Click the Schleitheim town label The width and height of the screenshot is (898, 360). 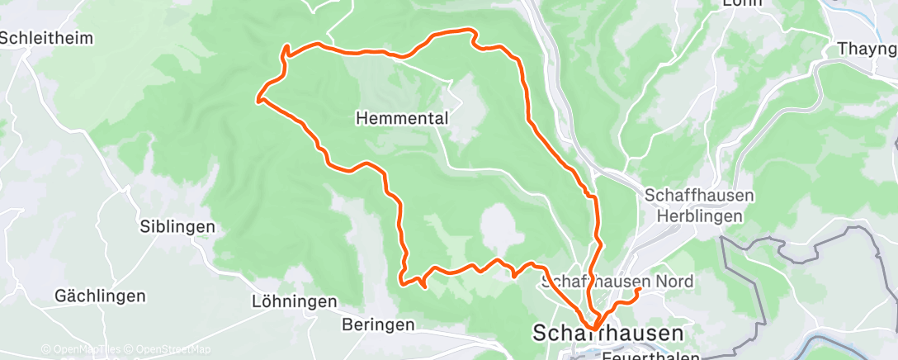coord(47,38)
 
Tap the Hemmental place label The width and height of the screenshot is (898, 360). coord(402,119)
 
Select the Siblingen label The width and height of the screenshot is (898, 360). coord(177,226)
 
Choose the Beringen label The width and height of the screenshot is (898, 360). coord(377,324)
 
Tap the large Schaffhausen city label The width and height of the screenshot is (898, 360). coord(609,333)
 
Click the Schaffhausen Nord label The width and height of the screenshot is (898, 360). coord(617,282)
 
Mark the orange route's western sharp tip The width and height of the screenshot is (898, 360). coord(258,101)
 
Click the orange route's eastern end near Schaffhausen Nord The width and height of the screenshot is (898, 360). coord(640,288)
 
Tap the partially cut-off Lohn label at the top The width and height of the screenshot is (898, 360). coord(741,3)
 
